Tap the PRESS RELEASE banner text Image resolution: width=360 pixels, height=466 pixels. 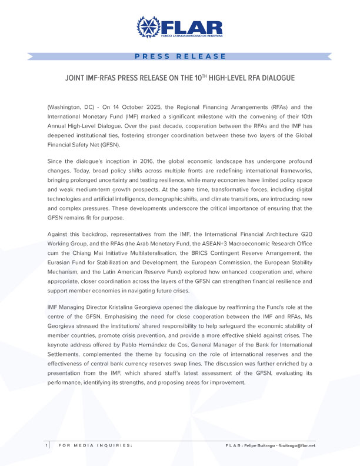click(x=180, y=56)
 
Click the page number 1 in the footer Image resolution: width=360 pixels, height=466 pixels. click(x=46, y=445)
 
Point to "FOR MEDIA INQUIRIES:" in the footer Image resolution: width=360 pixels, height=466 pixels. click(x=95, y=445)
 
